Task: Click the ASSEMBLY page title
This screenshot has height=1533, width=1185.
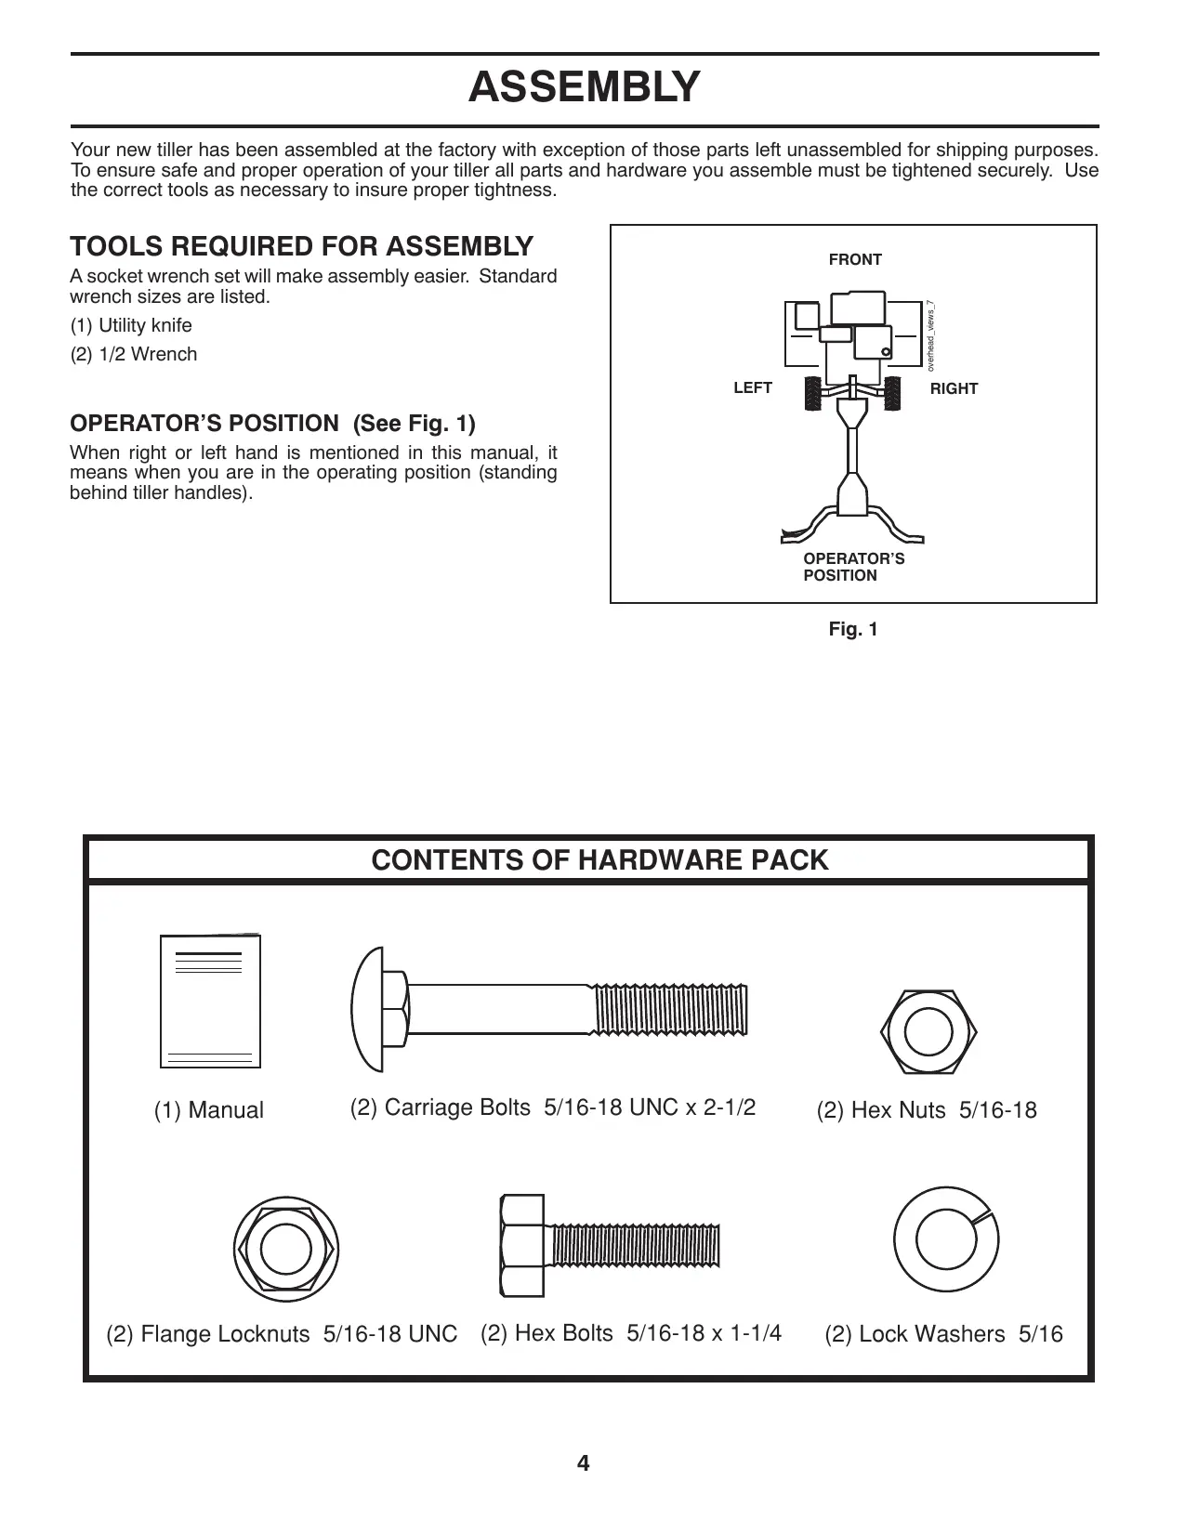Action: coord(584,87)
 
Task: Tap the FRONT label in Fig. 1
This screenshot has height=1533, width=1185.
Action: coord(855,260)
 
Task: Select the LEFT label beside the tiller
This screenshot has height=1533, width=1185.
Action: coord(753,388)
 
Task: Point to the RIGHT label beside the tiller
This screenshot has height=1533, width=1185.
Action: coord(954,389)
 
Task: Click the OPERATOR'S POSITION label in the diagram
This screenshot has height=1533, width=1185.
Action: coord(853,567)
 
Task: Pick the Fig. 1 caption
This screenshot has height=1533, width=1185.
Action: coord(853,630)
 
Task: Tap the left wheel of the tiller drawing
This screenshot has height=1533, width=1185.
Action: coord(811,394)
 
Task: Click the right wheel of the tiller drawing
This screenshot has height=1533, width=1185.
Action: coord(893,394)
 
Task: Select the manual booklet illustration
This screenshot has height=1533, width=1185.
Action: coord(210,1002)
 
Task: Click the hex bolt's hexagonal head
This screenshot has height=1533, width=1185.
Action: coord(521,1245)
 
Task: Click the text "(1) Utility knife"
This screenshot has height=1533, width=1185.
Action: coord(132,326)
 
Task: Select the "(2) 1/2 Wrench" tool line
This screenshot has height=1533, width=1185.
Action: coord(134,355)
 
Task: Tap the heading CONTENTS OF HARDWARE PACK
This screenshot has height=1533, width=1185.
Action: coord(599,860)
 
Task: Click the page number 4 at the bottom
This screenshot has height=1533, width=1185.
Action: coord(584,1464)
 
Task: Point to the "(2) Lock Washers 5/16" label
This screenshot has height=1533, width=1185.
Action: coord(943,1334)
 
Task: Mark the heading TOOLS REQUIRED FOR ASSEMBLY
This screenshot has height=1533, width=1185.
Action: coord(302,247)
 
